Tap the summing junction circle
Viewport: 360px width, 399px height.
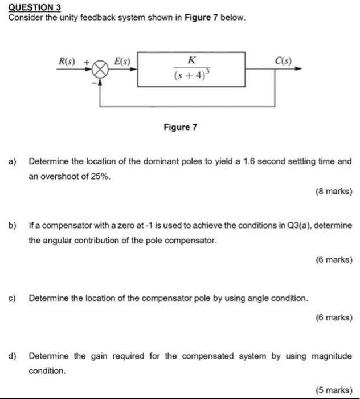(x=100, y=70)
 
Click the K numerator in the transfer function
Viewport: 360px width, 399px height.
(x=191, y=60)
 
